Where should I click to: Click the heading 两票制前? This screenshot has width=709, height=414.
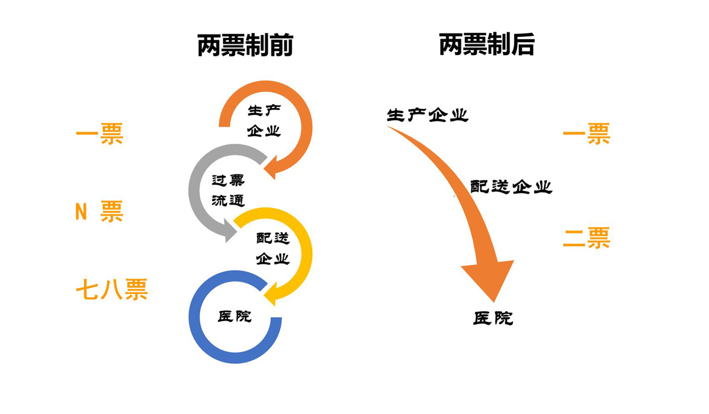[x=245, y=46]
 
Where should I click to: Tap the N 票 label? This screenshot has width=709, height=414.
[x=99, y=212]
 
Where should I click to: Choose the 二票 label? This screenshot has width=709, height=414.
[x=586, y=238]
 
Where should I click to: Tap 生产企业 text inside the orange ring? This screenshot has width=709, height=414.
[x=264, y=121]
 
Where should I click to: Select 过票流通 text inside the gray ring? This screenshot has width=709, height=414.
[x=228, y=190]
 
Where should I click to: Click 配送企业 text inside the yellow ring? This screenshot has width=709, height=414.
[x=272, y=248]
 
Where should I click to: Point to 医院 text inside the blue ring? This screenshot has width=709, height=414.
[x=235, y=316]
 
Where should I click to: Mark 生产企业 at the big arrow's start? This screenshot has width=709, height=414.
[x=427, y=115]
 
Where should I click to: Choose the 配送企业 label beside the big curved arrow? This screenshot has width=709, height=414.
[x=511, y=187]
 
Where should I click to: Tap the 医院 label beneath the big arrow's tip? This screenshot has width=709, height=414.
[x=493, y=318]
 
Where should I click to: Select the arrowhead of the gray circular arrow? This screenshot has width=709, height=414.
[x=232, y=231]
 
